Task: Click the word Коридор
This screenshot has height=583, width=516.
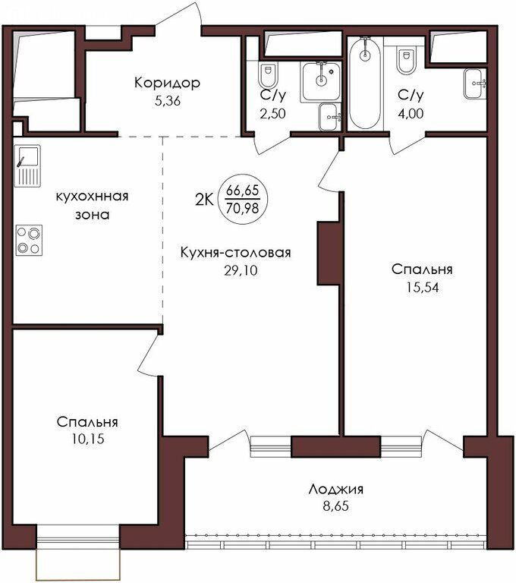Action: click(167, 83)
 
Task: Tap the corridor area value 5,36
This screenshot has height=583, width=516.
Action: click(167, 101)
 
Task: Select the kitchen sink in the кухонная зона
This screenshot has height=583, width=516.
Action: click(27, 165)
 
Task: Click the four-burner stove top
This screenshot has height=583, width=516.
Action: click(29, 240)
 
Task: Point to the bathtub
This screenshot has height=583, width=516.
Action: click(366, 83)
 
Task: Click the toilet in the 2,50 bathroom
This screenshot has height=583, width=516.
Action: click(267, 75)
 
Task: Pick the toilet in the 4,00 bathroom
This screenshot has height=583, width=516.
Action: click(406, 61)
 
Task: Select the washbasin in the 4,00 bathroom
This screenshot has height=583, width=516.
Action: click(475, 84)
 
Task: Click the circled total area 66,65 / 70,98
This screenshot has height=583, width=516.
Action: click(243, 200)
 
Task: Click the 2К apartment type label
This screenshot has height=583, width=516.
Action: click(203, 200)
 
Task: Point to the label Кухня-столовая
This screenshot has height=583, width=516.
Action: click(235, 253)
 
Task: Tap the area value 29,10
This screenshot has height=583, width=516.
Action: click(241, 271)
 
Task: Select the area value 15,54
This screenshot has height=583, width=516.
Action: click(423, 288)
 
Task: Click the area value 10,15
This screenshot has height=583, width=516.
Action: click(88, 439)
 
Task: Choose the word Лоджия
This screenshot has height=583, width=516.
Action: click(335, 490)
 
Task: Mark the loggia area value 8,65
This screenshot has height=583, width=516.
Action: click(335, 506)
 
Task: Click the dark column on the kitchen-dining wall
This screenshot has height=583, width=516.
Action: click(328, 254)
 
